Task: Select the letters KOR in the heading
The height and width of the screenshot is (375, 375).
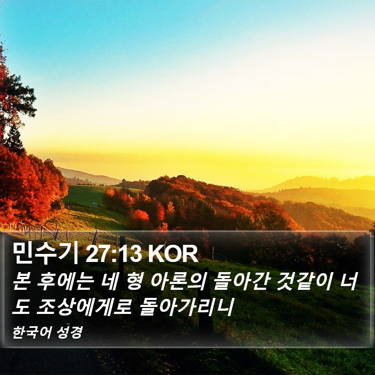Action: pyautogui.click(x=173, y=254)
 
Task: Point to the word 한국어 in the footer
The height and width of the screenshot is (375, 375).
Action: pyautogui.click(x=32, y=332)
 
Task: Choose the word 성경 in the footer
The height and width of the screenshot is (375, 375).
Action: pyautogui.click(x=70, y=332)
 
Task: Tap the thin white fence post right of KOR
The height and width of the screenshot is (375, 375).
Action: pyautogui.click(x=213, y=253)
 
